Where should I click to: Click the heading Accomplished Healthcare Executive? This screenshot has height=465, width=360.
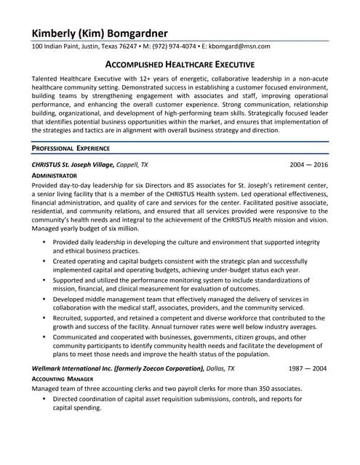click(180, 65)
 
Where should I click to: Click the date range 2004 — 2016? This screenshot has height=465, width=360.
click(308, 165)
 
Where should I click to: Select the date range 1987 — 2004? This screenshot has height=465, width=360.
click(308, 368)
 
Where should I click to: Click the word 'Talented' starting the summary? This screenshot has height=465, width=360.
click(46, 78)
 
